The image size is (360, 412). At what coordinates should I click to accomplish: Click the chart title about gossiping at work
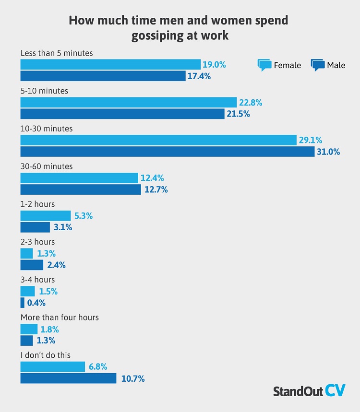point(178,28)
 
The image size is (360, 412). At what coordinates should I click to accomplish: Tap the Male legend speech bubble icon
point(318,65)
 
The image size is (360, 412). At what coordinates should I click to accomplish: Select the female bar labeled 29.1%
point(158,140)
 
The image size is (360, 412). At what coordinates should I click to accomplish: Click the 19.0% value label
point(215,64)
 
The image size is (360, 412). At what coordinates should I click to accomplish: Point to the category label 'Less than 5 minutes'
point(56,53)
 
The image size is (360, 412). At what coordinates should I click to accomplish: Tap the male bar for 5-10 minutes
point(122,114)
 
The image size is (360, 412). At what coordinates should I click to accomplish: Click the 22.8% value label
point(251,102)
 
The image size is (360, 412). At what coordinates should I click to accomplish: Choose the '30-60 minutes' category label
point(46,166)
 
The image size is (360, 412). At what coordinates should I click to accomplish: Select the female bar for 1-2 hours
point(45,216)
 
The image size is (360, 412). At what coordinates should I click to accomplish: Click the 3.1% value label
point(62,227)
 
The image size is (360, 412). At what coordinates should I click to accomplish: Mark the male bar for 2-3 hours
point(32,265)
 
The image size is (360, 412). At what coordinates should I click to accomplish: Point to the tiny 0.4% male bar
point(22,303)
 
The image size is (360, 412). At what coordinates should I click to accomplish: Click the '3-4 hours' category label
point(37,280)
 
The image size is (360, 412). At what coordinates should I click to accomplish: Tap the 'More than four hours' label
point(60,318)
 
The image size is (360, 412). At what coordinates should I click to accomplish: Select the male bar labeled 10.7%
point(68,378)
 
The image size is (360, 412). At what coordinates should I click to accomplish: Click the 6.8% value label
point(97,367)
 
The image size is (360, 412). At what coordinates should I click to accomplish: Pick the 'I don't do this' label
point(46,355)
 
